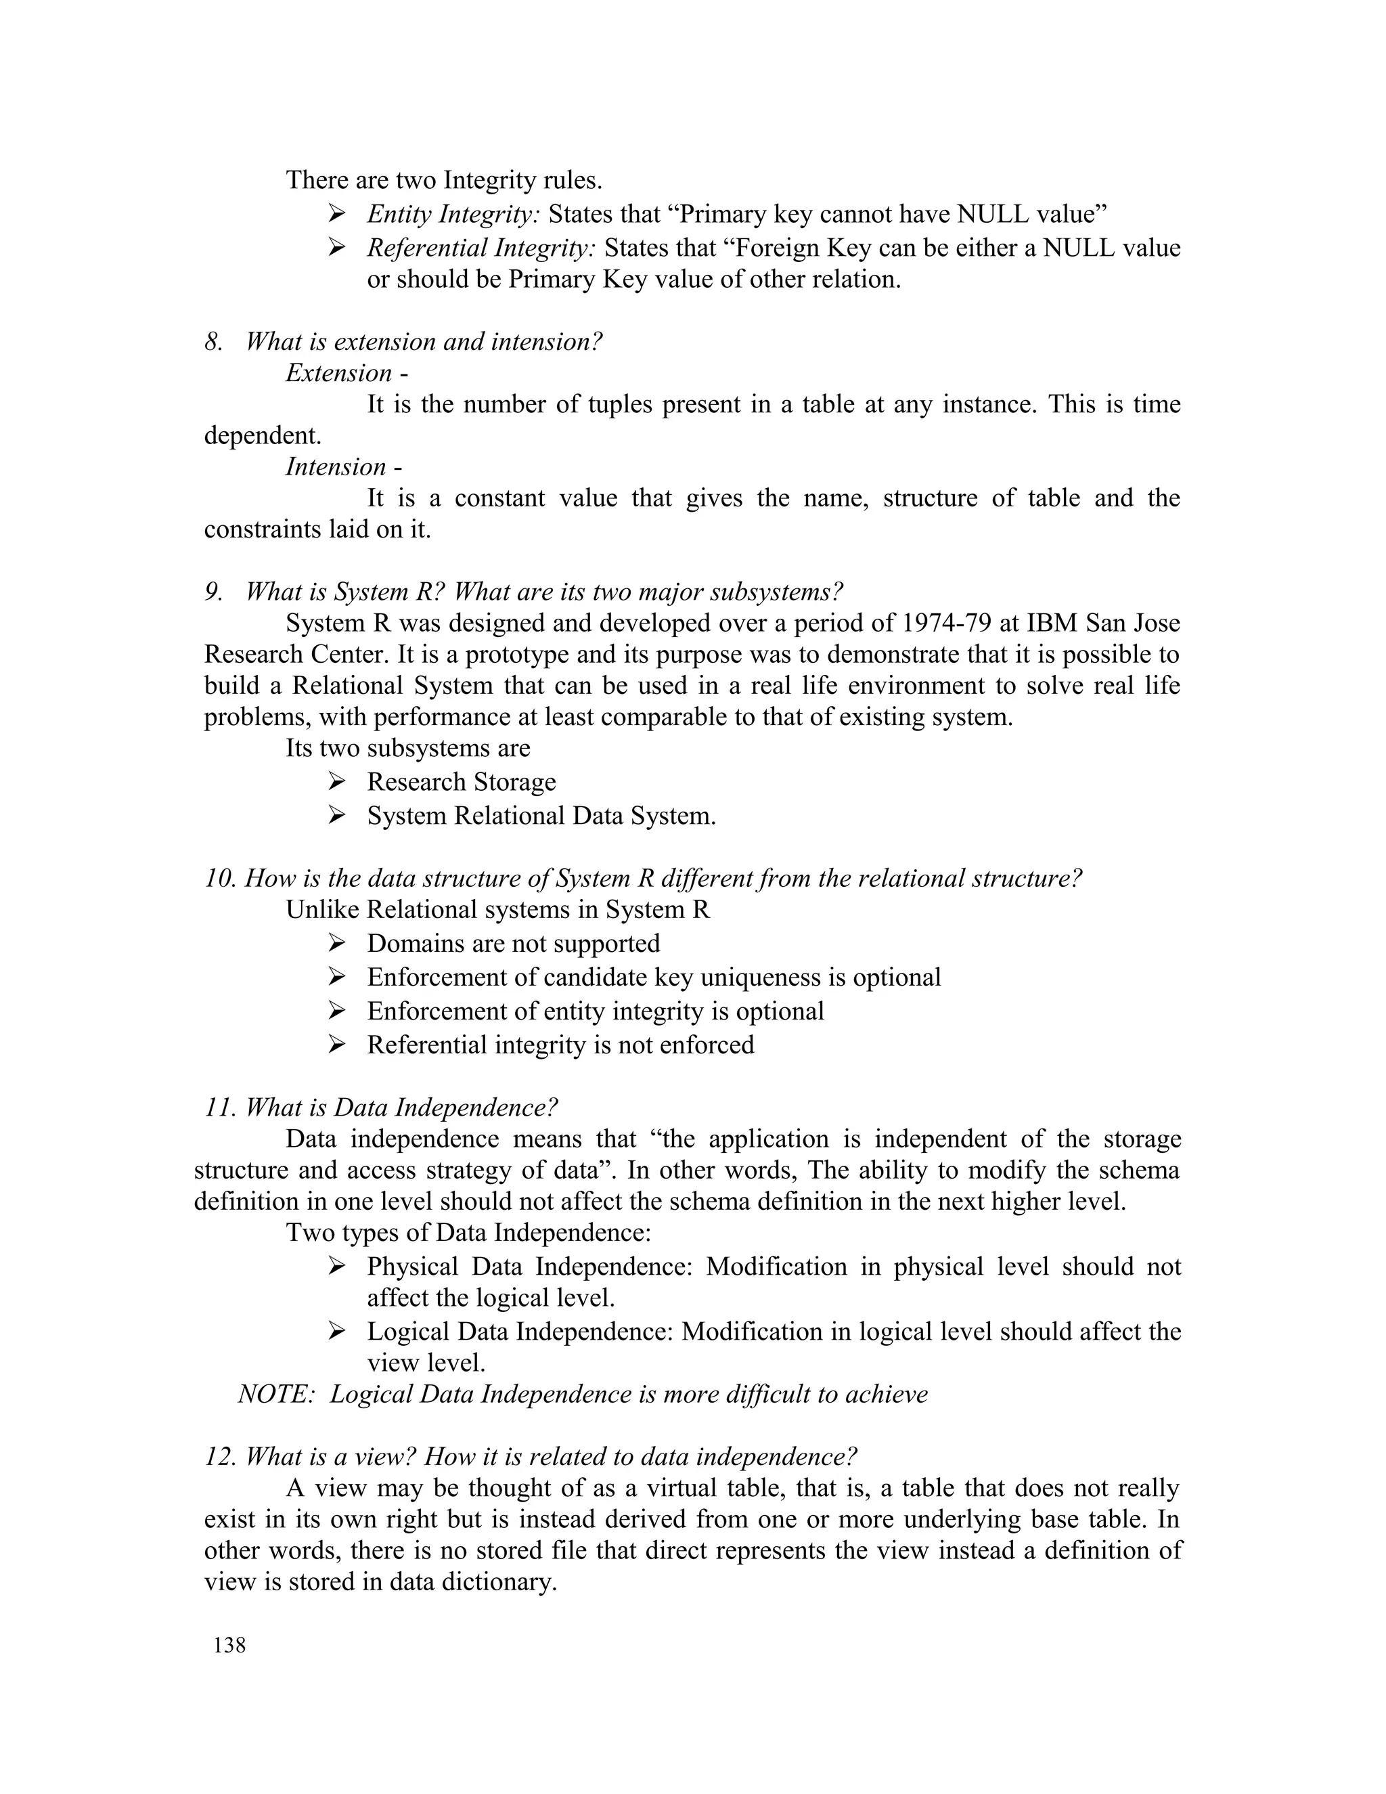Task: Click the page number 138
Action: pyautogui.click(x=229, y=1644)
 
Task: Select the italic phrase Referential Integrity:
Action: pyautogui.click(x=481, y=248)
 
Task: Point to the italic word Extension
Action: pyautogui.click(x=338, y=374)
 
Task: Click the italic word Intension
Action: pyautogui.click(x=336, y=467)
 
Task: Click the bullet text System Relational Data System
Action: pyautogui.click(x=541, y=816)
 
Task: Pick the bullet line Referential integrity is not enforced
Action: pyautogui.click(x=560, y=1045)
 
